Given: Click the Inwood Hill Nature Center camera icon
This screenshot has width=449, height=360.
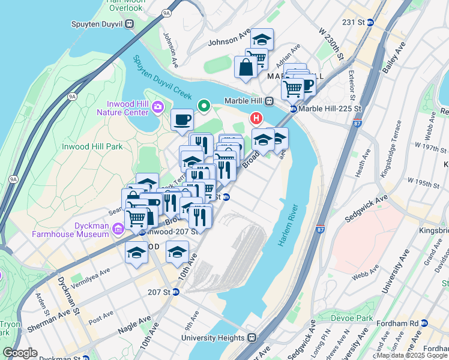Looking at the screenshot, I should point(158,107).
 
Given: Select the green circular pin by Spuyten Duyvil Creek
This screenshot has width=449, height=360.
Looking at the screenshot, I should point(204,107).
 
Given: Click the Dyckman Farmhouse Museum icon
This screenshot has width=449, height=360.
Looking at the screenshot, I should point(117,228).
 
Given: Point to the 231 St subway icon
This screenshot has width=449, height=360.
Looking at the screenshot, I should point(370,23).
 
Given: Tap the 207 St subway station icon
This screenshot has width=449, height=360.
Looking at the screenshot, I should point(176,292).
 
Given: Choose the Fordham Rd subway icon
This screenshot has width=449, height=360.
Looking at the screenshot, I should point(424,323).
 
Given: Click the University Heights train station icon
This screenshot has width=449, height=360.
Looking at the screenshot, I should point(252,338).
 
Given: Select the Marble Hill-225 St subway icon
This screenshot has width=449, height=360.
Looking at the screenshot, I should point(294,109).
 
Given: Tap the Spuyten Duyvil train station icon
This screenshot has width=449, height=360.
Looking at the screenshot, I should point(128,24).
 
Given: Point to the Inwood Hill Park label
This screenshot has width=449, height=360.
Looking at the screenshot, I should point(92,146).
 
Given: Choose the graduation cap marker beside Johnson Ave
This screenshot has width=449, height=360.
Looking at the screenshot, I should point(262,40).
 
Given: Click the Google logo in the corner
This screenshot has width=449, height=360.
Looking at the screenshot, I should point(20,352).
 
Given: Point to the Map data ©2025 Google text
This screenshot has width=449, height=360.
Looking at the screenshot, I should point(412,355).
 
